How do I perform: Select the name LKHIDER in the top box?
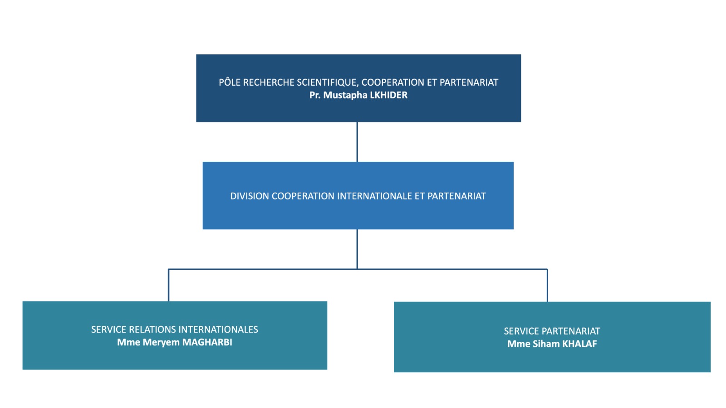point(388,95)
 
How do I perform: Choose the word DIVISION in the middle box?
point(250,196)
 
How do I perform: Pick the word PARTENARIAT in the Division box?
point(456,196)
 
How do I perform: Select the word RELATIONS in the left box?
point(152,330)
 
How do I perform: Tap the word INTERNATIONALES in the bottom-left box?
point(218,330)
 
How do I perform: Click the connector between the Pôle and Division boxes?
point(357,142)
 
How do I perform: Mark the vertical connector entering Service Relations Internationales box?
point(168,285)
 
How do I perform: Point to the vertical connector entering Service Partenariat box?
point(547,286)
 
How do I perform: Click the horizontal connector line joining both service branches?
point(358,269)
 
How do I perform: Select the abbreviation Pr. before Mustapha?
point(315,95)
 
